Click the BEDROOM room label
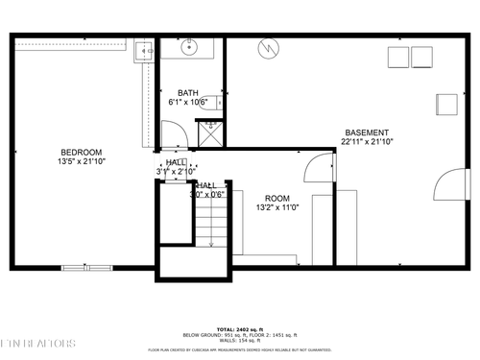[x=82, y=153]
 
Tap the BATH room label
[x=188, y=92]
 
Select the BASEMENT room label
[x=367, y=132]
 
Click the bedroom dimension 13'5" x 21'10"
[x=82, y=162]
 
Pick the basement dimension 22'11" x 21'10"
[x=367, y=142]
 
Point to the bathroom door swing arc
[x=173, y=132]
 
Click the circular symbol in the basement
[x=270, y=45]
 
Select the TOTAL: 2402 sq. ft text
[x=239, y=329]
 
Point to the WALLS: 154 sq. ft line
[x=239, y=343]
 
